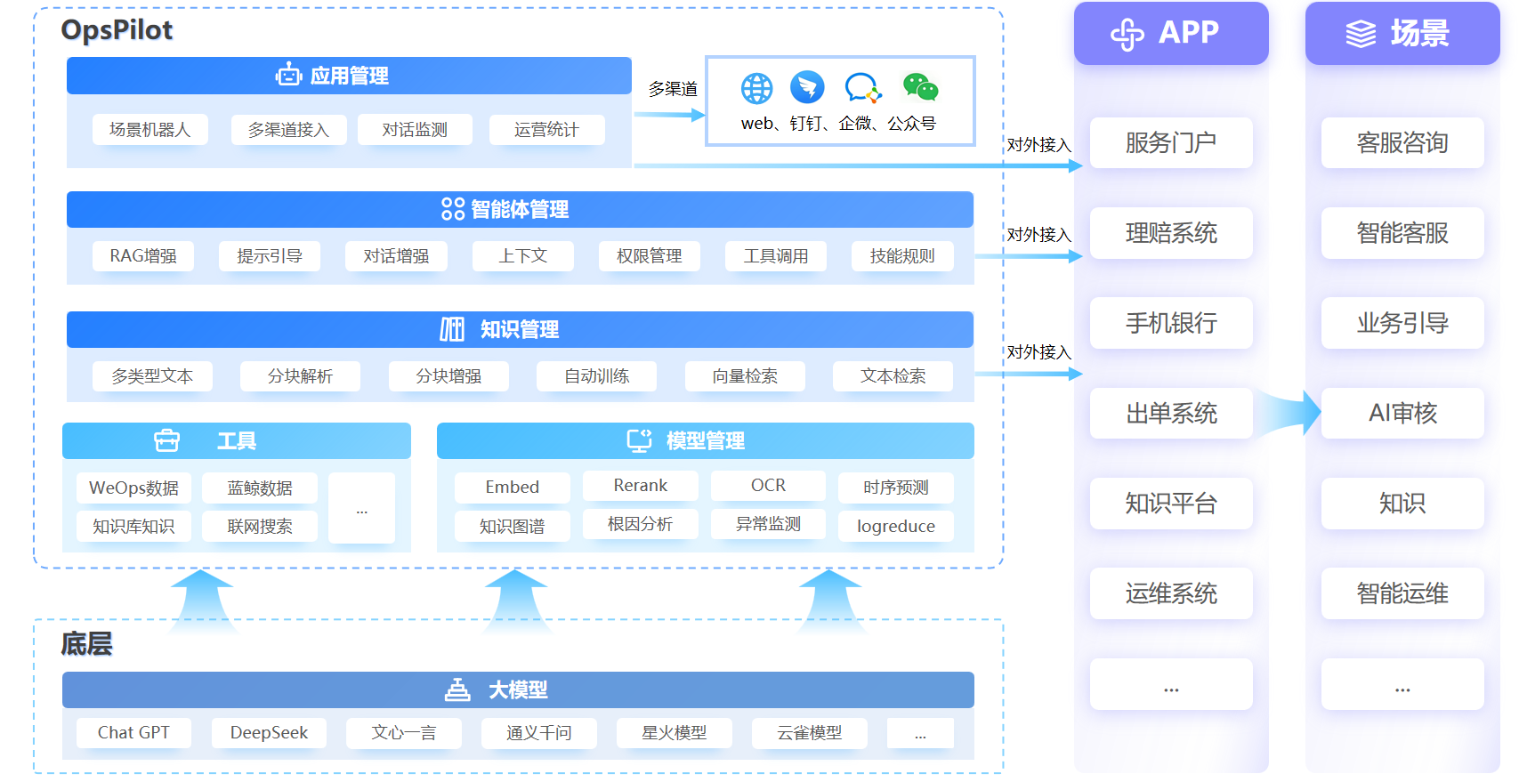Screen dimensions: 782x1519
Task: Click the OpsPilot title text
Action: tap(117, 30)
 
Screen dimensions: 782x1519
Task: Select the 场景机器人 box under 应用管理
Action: tap(149, 130)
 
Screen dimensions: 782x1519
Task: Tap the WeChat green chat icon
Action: tap(920, 87)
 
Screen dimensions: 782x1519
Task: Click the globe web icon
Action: tap(756, 88)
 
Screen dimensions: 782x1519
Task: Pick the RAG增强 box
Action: tap(143, 256)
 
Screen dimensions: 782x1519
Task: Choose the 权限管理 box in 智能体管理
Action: tap(649, 256)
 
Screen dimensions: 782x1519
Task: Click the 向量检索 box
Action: tap(745, 376)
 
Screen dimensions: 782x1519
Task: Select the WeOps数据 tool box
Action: tap(133, 488)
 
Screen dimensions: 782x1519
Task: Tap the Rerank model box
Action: tap(640, 486)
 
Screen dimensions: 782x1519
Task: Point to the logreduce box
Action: tap(895, 526)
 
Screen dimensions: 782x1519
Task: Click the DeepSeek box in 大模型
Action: tap(269, 733)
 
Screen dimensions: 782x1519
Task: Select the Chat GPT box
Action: tap(133, 733)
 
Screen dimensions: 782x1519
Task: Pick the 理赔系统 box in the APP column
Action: tap(1170, 233)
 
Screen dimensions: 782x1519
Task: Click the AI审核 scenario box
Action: tap(1402, 413)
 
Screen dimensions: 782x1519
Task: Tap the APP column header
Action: tap(1170, 33)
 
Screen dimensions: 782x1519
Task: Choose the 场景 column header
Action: tap(1402, 33)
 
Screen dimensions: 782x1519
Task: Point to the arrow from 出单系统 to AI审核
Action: tap(1287, 413)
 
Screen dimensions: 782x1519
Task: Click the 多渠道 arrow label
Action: tap(673, 89)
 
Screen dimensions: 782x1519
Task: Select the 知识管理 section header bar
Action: tap(520, 329)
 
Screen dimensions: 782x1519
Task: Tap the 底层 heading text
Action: tap(86, 643)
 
